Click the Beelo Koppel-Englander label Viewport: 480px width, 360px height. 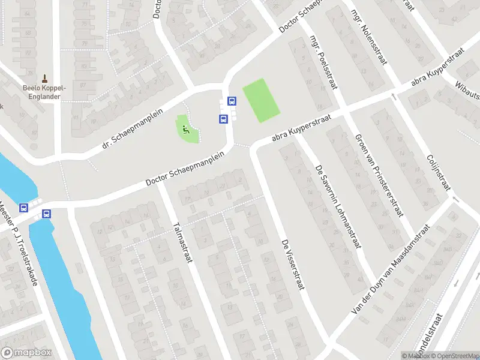pos(44,92)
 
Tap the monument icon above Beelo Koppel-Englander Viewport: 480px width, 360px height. pos(44,78)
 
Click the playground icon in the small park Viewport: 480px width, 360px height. pos(186,128)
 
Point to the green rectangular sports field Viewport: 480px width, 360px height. pos(262,100)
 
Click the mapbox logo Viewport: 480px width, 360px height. pos(26,353)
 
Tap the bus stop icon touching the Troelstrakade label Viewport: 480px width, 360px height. pos(24,208)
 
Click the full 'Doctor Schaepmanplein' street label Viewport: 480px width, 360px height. pos(193,172)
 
